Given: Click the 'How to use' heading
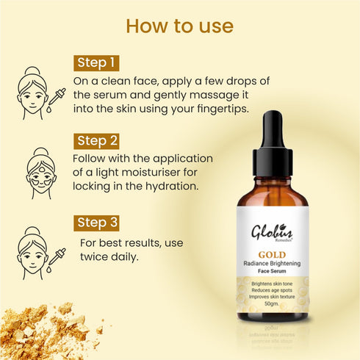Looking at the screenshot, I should point(180,27).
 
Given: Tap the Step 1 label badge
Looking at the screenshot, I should point(97,62).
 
